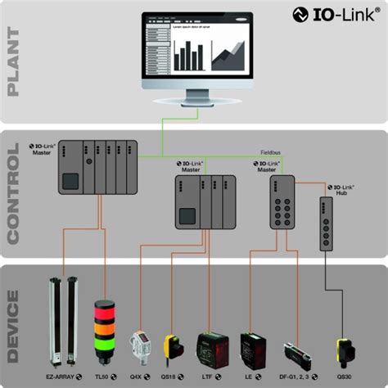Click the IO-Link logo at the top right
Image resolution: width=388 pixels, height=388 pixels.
point(336,13)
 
